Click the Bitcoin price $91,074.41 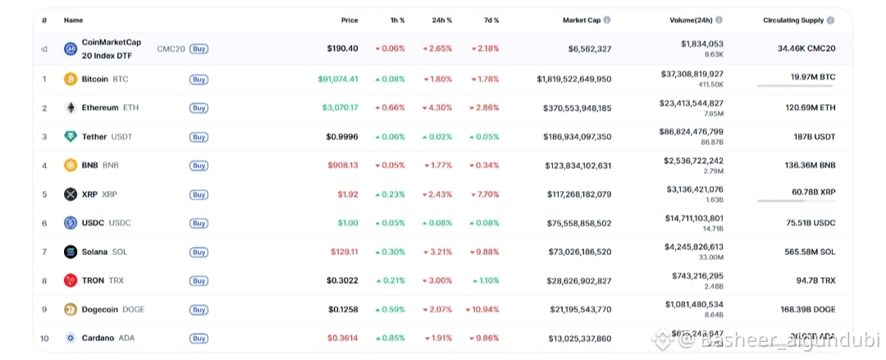click(x=338, y=80)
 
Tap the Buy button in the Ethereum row click(x=199, y=108)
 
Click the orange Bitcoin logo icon click(x=71, y=80)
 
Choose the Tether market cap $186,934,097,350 click(x=577, y=137)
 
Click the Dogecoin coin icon click(x=71, y=309)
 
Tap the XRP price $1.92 click(x=348, y=194)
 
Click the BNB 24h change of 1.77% click(x=437, y=166)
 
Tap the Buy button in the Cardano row click(x=199, y=338)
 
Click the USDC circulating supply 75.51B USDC click(x=811, y=223)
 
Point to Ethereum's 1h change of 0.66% click(x=390, y=108)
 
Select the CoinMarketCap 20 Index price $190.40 click(x=342, y=48)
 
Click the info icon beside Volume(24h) click(x=719, y=20)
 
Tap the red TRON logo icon click(x=71, y=280)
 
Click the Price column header click(x=349, y=20)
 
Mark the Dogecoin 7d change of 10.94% click(x=482, y=309)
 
